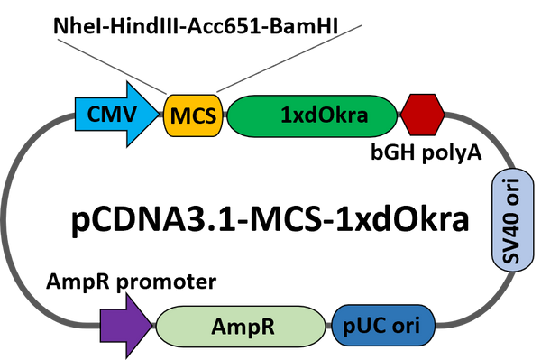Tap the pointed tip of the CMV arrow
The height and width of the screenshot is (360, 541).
[158, 115]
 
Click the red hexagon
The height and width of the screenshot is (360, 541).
[422, 115]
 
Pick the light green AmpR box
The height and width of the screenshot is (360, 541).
[242, 325]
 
